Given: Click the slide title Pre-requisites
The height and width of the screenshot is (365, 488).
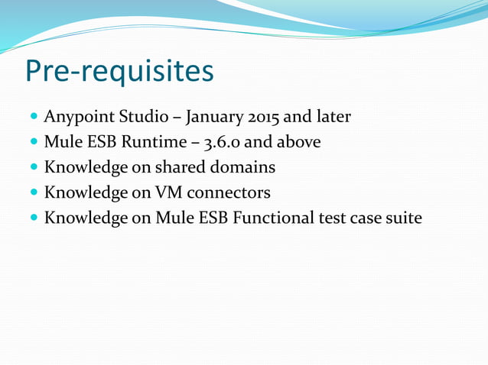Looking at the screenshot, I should pos(119,71).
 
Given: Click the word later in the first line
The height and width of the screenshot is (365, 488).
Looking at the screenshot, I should pos(334,117).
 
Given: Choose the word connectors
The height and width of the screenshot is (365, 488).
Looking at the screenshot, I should pos(226,192).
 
